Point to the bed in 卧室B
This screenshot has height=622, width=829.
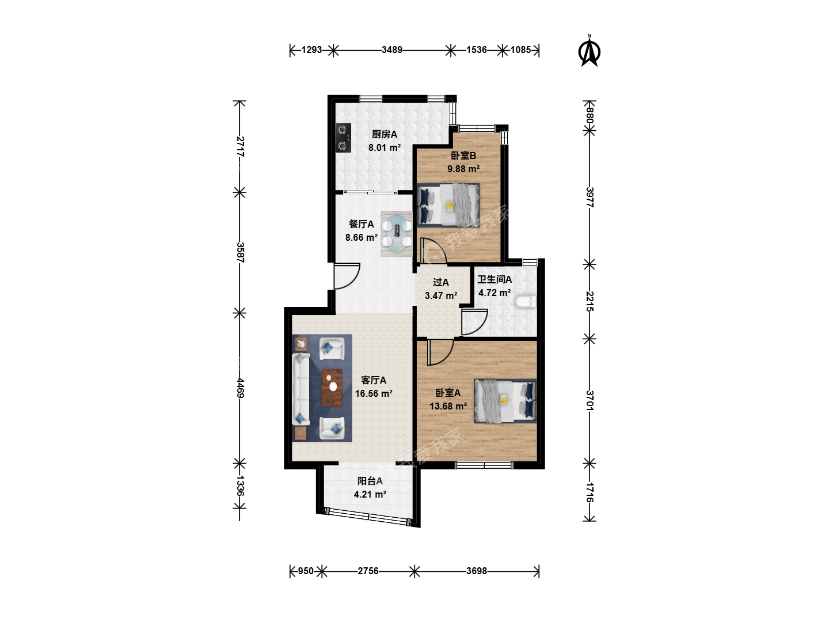click(448, 206)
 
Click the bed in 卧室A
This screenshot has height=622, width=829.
click(505, 401)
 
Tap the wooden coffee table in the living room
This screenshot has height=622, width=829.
click(332, 388)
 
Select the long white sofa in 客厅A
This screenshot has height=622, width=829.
click(301, 389)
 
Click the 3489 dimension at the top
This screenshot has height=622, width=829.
click(391, 50)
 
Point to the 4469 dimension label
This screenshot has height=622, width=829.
click(240, 388)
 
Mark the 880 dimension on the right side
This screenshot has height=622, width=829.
click(590, 115)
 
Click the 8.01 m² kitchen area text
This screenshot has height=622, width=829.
click(385, 147)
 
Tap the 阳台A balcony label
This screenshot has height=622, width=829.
click(370, 481)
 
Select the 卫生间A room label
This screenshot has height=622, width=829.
click(495, 279)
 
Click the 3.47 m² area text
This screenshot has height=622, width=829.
click(441, 295)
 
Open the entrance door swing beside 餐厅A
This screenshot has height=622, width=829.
click(346, 276)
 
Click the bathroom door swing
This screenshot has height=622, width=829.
click(474, 322)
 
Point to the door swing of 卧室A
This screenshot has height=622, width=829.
click(440, 352)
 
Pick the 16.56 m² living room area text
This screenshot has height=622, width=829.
click(374, 393)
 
